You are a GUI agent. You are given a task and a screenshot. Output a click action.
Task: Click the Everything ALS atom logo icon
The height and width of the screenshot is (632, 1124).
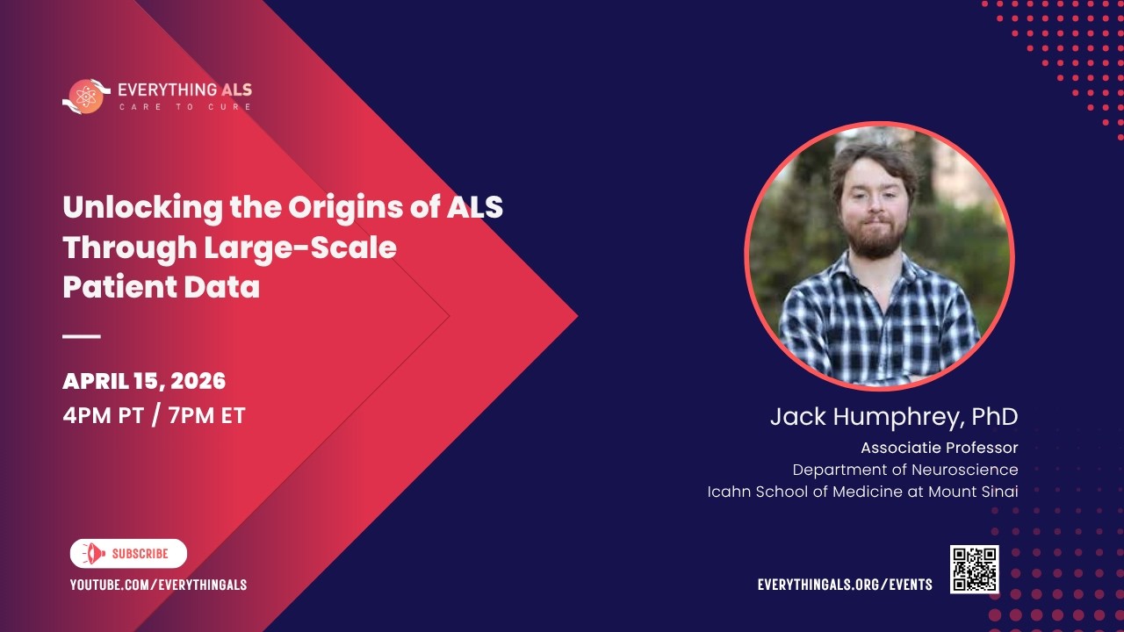(86, 96)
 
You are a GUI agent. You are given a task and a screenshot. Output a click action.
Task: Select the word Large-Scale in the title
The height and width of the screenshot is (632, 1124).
(300, 248)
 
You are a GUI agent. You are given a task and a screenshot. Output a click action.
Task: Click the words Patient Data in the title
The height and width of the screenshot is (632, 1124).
(161, 287)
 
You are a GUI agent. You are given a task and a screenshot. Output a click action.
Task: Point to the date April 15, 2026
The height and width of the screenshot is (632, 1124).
(144, 381)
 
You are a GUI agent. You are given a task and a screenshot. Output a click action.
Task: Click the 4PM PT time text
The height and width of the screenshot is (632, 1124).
(102, 415)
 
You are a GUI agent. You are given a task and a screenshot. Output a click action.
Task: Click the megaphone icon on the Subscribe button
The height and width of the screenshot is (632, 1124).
(92, 554)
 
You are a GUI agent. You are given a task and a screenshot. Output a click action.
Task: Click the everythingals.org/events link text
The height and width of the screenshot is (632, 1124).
(845, 585)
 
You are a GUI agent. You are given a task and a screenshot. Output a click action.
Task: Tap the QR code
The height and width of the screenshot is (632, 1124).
(974, 569)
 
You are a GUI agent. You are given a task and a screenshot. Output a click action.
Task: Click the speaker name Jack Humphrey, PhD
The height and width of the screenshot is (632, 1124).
(893, 417)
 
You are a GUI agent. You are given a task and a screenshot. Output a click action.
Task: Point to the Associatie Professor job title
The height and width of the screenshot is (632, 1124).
(939, 448)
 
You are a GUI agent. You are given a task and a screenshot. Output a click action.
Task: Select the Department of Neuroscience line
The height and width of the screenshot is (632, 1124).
(904, 470)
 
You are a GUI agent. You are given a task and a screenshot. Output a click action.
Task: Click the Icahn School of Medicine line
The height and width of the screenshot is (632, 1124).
(862, 492)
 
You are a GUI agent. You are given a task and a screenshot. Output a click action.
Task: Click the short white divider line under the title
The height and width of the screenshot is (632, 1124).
(82, 335)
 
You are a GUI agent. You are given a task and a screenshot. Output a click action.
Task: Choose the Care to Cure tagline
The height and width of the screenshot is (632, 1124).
(185, 107)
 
